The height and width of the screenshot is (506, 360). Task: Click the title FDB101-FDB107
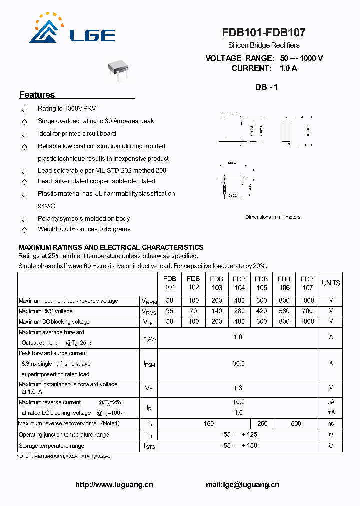click(264, 33)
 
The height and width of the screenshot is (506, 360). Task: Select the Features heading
click(37, 95)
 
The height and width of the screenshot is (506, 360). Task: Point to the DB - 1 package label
click(266, 87)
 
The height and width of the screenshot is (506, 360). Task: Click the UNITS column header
click(331, 283)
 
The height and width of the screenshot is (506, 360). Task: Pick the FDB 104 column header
click(239, 283)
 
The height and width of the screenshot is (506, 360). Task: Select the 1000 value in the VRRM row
click(307, 301)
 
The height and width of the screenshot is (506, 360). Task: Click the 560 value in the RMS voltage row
click(284, 311)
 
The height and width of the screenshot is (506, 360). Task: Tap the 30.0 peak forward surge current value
click(239, 364)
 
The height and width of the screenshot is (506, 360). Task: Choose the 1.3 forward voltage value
click(238, 388)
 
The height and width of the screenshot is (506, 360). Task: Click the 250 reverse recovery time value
click(262, 424)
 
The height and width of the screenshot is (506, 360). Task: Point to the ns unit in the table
click(331, 424)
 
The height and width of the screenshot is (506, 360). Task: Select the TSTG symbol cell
click(149, 446)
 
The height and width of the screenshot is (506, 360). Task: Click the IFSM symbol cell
click(149, 364)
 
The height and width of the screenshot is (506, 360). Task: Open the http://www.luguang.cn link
click(114, 485)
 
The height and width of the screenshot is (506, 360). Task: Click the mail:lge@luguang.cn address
click(242, 485)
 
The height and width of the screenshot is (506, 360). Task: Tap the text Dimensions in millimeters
click(273, 217)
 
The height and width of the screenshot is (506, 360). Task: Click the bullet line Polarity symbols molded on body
click(83, 219)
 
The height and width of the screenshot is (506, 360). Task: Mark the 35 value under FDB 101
click(170, 311)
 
